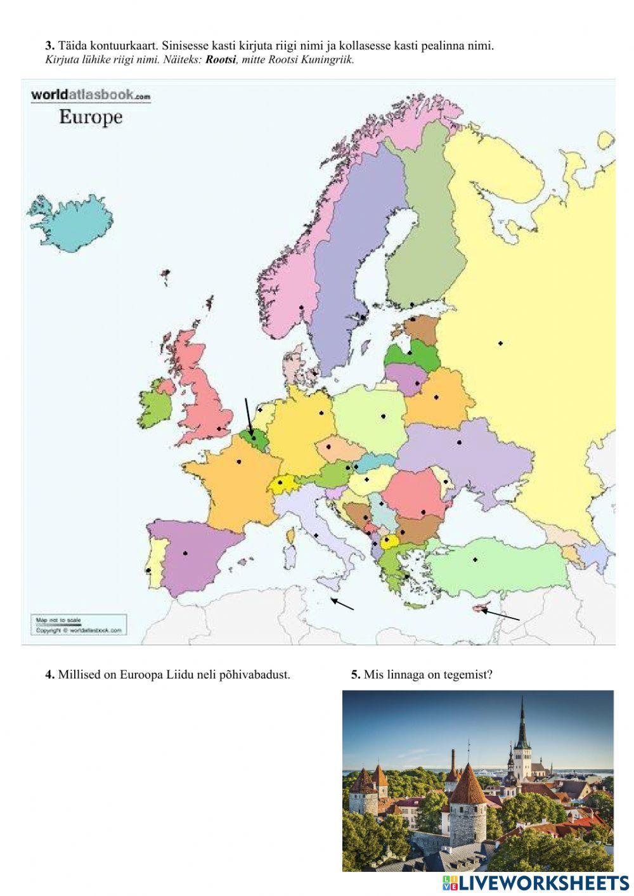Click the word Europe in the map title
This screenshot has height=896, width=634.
90,117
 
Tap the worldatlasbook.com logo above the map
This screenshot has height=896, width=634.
91,95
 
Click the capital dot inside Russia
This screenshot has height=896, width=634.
500,343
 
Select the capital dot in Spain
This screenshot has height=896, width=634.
185,553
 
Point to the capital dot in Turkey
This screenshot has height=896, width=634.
474,559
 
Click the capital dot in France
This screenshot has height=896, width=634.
239,461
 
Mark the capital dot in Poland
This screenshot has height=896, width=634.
384,416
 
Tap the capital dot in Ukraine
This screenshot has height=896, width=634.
459,442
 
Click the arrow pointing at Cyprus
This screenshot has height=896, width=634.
501,614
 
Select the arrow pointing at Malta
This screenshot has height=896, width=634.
342,604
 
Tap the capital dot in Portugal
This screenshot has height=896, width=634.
148,570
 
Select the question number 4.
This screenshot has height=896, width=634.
49,675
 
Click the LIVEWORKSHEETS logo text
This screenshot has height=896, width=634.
543,883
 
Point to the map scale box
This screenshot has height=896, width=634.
79,625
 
